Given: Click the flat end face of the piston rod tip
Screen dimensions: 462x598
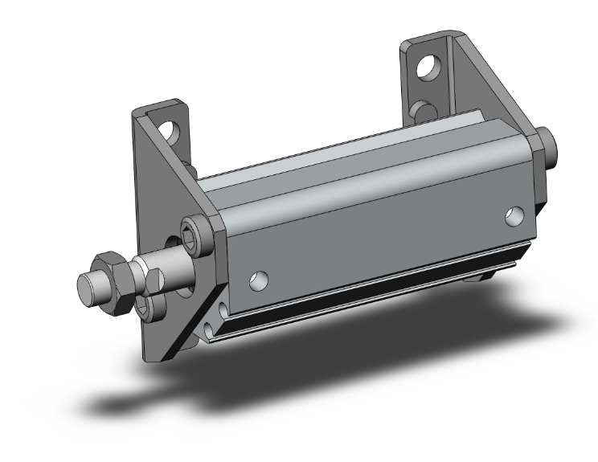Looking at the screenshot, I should click(x=86, y=285).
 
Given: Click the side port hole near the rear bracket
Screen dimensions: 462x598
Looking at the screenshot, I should click(x=514, y=215).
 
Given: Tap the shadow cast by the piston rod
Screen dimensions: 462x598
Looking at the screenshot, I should click(x=137, y=403).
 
